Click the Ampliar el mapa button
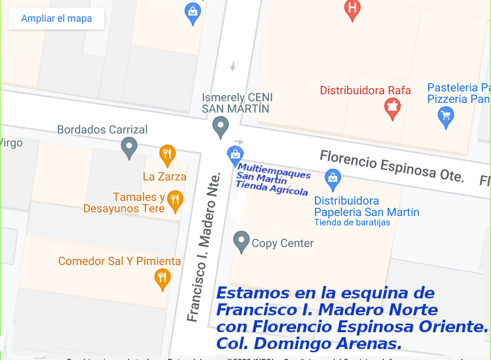(56, 19)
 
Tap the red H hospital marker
(353, 9)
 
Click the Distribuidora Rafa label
(365, 90)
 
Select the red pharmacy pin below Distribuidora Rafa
(392, 108)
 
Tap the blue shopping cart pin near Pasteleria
(446, 117)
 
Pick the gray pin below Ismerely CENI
(220, 126)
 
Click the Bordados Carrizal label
(102, 130)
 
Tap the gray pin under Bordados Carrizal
(129, 147)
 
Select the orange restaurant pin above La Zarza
(167, 155)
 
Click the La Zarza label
(164, 176)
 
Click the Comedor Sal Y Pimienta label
(119, 261)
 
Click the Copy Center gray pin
(241, 241)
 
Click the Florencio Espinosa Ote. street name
(391, 166)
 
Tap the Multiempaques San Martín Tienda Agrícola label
(272, 179)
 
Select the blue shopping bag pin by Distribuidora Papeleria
(332, 178)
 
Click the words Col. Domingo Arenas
(309, 344)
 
